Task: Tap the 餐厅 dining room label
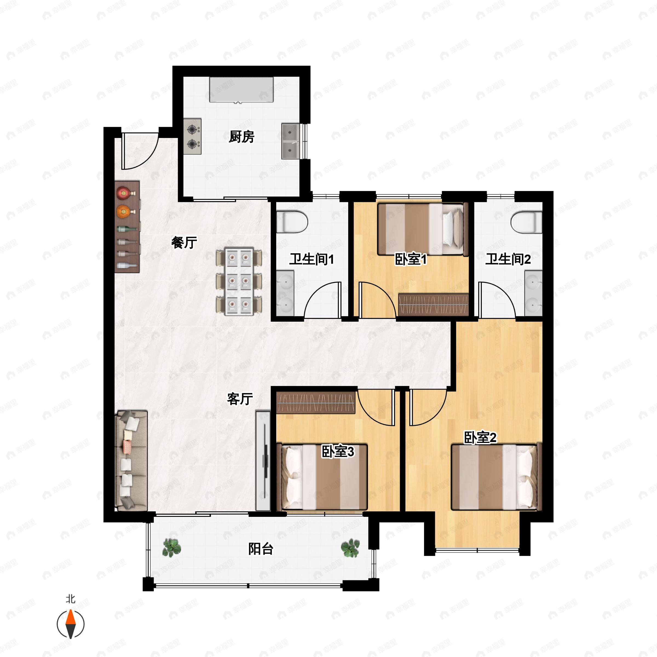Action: pos(184,243)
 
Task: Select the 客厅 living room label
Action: pos(240,399)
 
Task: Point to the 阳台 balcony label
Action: pos(261,549)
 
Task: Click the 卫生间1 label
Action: pos(312,260)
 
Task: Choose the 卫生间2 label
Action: pos(508,260)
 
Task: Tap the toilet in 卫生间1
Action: pos(292,222)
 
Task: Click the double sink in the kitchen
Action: pos(290,141)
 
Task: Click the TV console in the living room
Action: pos(263,461)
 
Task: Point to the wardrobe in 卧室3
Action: pos(316,403)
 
